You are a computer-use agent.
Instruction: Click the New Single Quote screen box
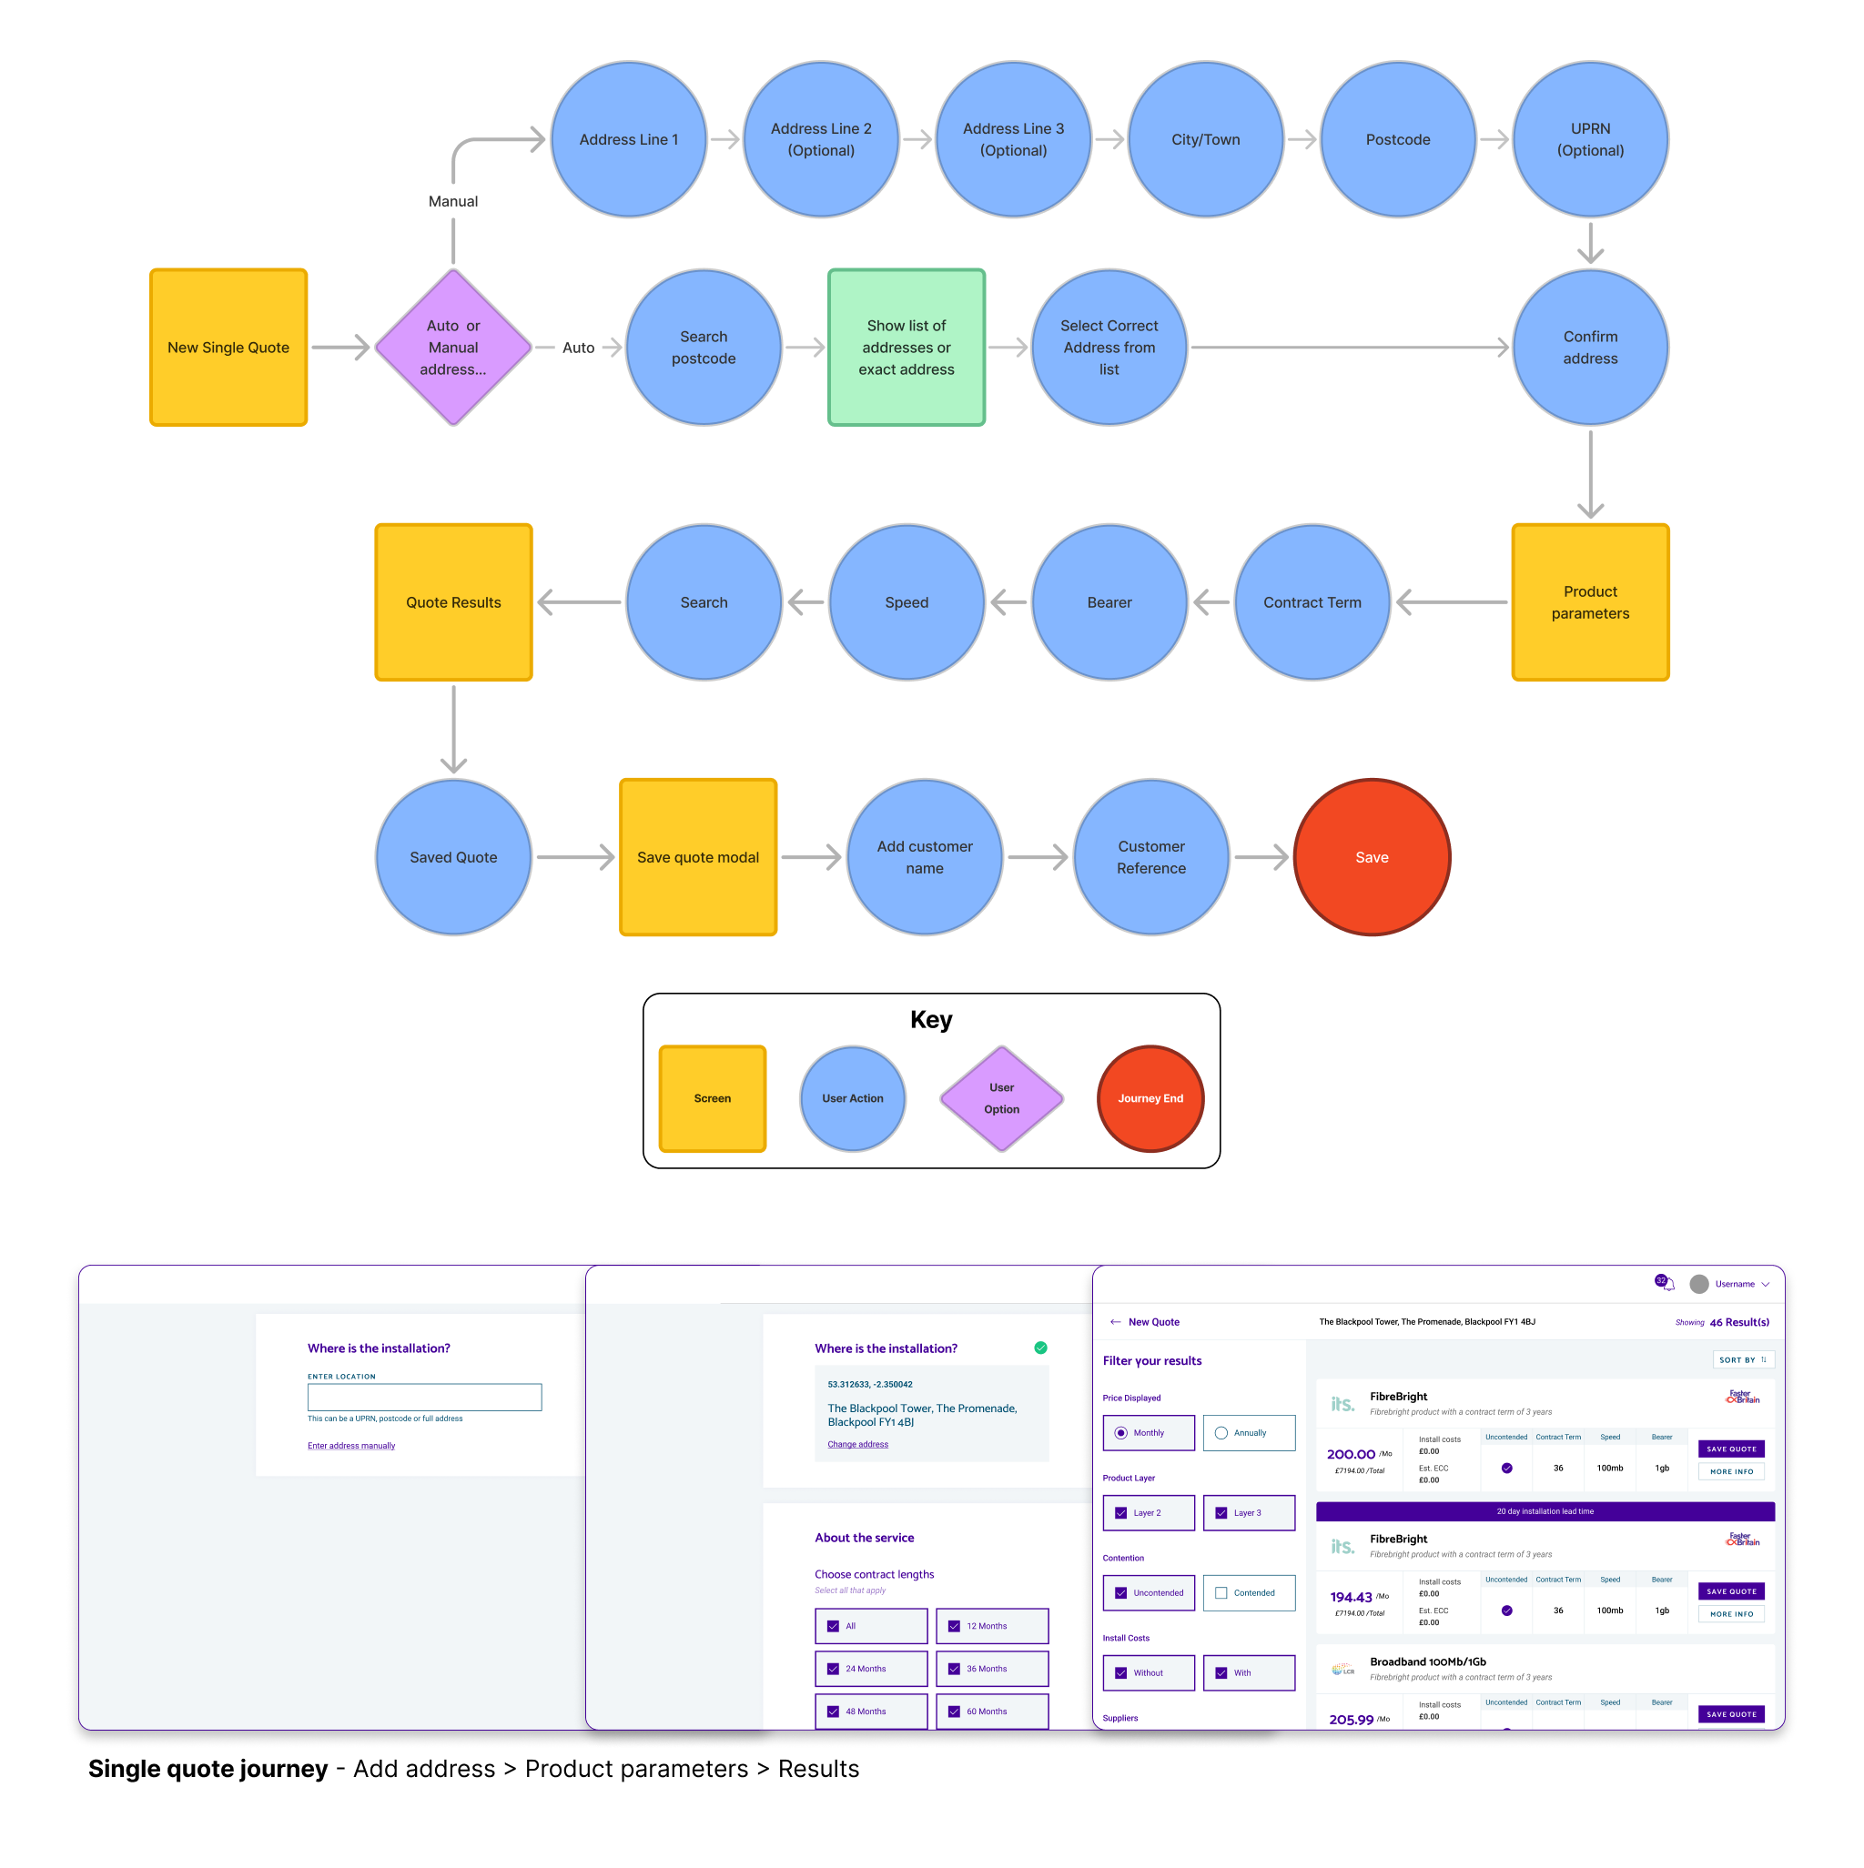coord(228,347)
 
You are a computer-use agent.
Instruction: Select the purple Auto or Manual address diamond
coord(452,347)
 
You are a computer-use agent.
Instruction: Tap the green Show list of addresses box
coord(906,347)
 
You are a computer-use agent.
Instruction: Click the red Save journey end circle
coord(1371,856)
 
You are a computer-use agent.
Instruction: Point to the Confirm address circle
coord(1589,347)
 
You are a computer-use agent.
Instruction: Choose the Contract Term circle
coord(1311,601)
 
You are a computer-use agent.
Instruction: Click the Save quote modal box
coord(697,856)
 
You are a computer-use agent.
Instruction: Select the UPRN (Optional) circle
coord(1589,139)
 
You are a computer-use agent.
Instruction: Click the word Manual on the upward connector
coord(452,201)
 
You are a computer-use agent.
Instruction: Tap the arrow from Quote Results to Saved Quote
coord(452,730)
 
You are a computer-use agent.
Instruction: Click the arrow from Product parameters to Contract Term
coord(1450,601)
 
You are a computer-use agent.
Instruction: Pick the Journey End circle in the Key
coord(1150,1097)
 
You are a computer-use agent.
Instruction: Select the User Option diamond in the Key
coord(1001,1097)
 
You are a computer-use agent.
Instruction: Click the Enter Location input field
coord(424,1396)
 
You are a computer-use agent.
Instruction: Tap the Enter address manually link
coord(351,1446)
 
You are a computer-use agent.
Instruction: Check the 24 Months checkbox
coord(833,1668)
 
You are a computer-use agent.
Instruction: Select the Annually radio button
coord(1221,1432)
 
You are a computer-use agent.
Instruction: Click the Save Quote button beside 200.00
coord(1730,1449)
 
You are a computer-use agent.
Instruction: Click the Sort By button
coord(1742,1359)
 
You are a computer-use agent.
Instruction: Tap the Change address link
coord(857,1444)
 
